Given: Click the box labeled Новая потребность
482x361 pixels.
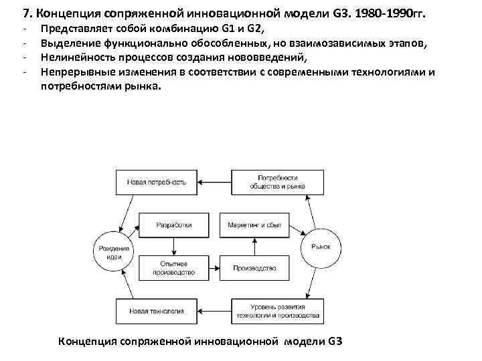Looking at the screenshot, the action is click(x=157, y=181).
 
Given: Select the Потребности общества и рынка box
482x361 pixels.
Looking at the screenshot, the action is click(x=276, y=181).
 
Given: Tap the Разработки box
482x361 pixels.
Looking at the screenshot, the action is click(x=173, y=225).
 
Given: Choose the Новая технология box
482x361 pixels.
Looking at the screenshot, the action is click(x=157, y=311).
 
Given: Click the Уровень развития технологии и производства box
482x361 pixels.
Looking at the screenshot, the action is click(x=276, y=311).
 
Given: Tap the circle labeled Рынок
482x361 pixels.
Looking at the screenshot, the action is click(x=321, y=246).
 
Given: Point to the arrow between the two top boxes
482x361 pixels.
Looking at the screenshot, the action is click(x=214, y=181).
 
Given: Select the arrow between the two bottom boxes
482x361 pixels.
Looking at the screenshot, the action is click(x=214, y=311).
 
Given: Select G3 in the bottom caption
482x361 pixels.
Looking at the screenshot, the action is click(x=335, y=341).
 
